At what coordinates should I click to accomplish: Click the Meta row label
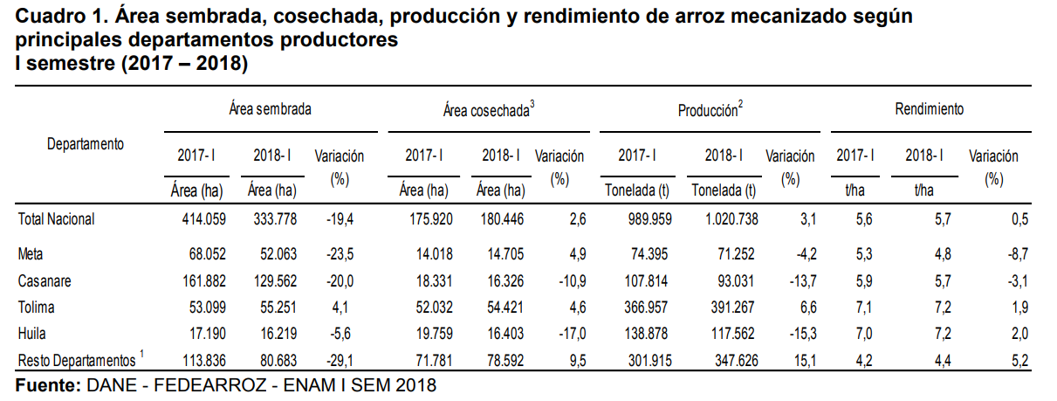pyautogui.click(x=31, y=254)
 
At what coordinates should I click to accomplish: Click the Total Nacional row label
pyautogui.click(x=56, y=219)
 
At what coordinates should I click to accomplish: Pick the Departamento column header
pyautogui.click(x=85, y=143)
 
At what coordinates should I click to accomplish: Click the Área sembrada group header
pyautogui.click(x=271, y=110)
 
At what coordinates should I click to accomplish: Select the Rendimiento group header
pyautogui.click(x=929, y=110)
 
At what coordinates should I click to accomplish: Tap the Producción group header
pyautogui.click(x=710, y=111)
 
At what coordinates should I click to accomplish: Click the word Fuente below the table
pyautogui.click(x=47, y=384)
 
